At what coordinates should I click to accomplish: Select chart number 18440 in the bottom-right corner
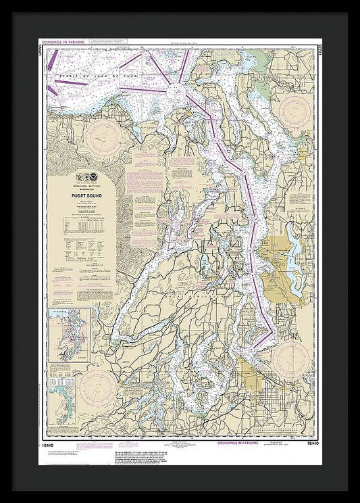[313, 446]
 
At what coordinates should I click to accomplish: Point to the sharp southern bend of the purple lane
[272, 331]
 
